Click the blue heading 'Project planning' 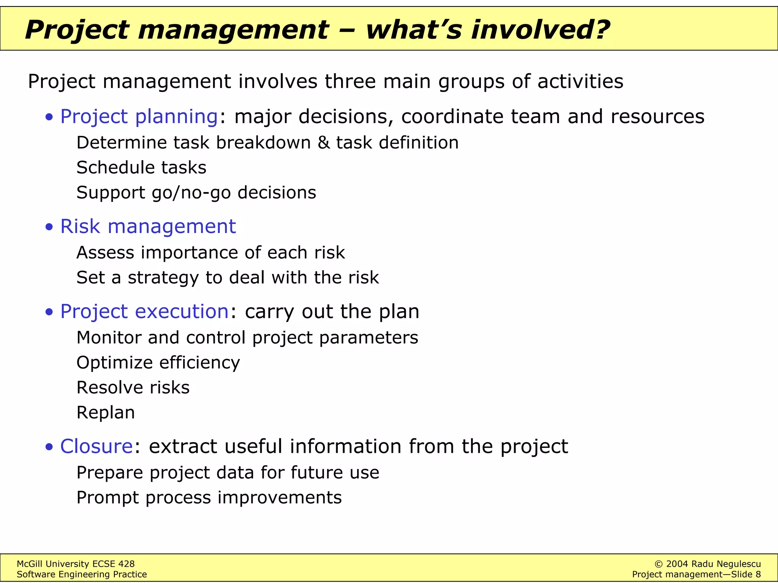[x=139, y=116]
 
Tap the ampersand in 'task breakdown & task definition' [x=323, y=143]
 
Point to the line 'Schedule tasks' [x=141, y=168]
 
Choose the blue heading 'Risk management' [x=148, y=227]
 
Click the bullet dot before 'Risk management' [x=49, y=227]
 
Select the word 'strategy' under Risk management [x=163, y=278]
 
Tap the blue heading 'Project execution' [x=144, y=312]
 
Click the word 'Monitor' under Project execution [x=109, y=337]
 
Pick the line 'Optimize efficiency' [x=158, y=363]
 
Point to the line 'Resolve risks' [x=133, y=388]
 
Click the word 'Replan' [x=106, y=413]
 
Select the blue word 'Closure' [x=96, y=446]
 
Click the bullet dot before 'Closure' [x=49, y=447]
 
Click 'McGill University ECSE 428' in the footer [x=76, y=564]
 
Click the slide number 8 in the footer [x=758, y=575]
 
